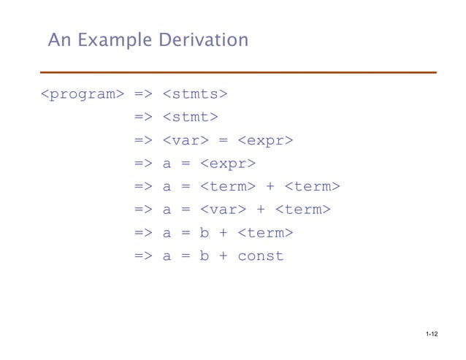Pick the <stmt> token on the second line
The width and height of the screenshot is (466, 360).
click(x=190, y=117)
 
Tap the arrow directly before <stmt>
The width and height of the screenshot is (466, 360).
click(x=143, y=117)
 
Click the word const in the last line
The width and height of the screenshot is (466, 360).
click(x=260, y=256)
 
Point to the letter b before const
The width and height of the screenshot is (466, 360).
click(x=204, y=256)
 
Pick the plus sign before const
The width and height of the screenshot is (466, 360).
click(x=223, y=256)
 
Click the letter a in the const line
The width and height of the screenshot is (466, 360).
click(x=167, y=256)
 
